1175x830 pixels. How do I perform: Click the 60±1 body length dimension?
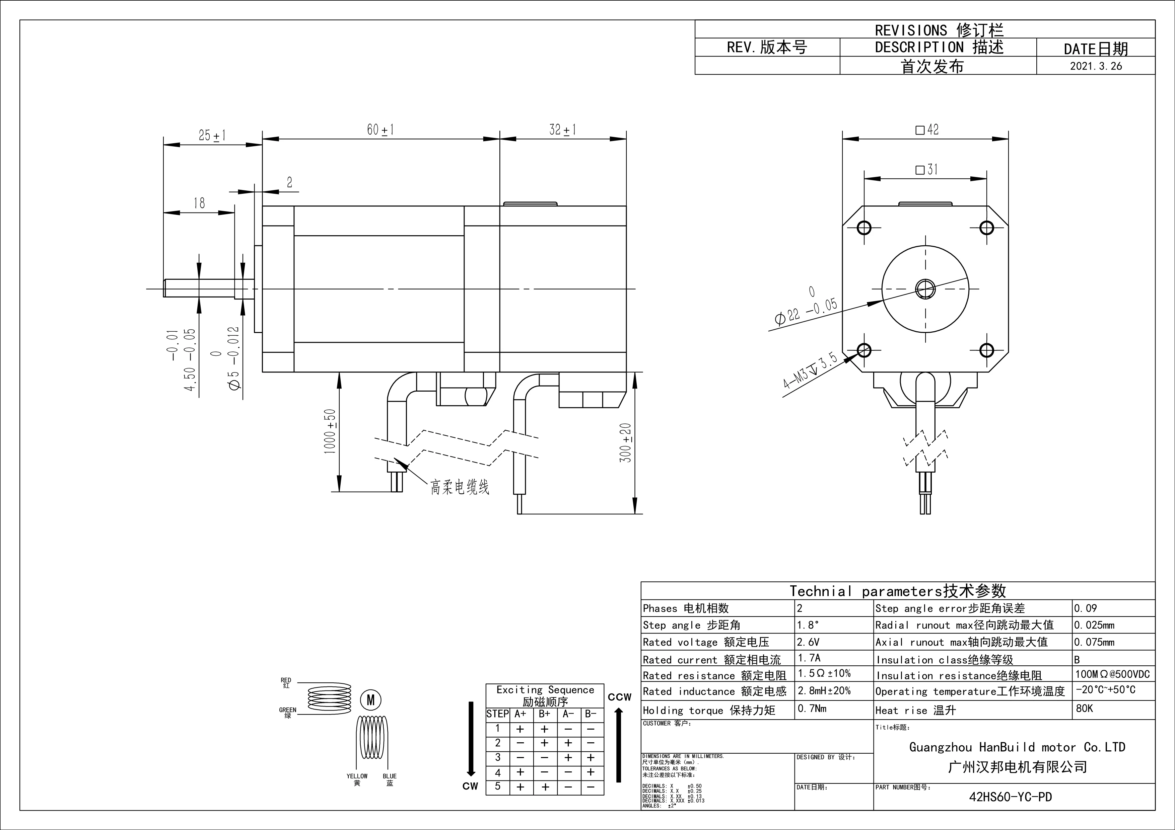click(x=380, y=130)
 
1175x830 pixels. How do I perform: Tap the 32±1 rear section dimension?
click(x=562, y=130)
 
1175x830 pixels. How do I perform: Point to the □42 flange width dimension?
click(x=927, y=130)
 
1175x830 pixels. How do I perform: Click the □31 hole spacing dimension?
click(x=926, y=169)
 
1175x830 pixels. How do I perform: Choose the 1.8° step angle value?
click(x=808, y=625)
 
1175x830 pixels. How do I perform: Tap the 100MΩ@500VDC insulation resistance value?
click(x=1112, y=674)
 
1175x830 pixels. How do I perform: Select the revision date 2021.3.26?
click(x=1096, y=66)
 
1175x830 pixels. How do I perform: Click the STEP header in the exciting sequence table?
click(x=497, y=714)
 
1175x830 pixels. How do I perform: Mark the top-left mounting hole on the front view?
click(x=864, y=228)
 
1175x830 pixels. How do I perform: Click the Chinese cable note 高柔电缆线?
click(x=460, y=487)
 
